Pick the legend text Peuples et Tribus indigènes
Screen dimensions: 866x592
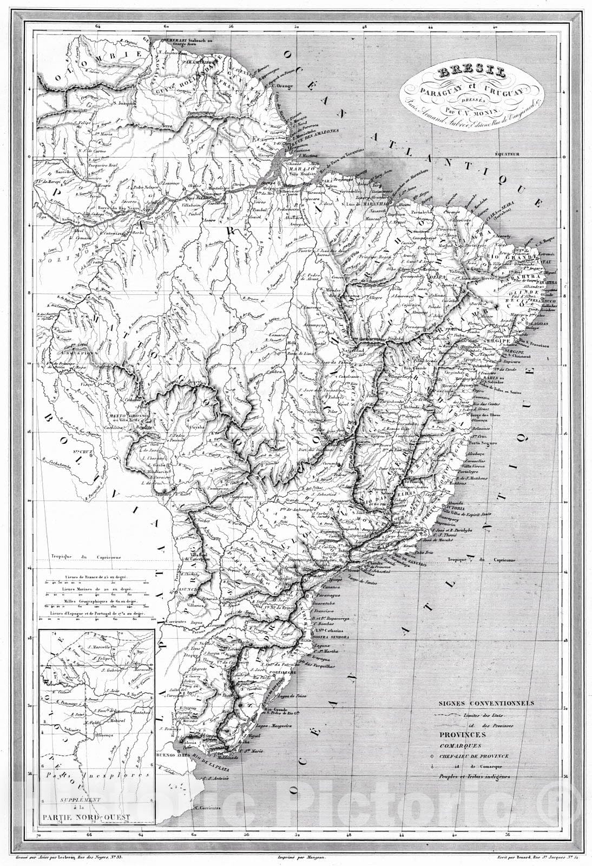[474, 776]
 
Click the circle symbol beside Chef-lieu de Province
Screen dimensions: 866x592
[431, 756]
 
